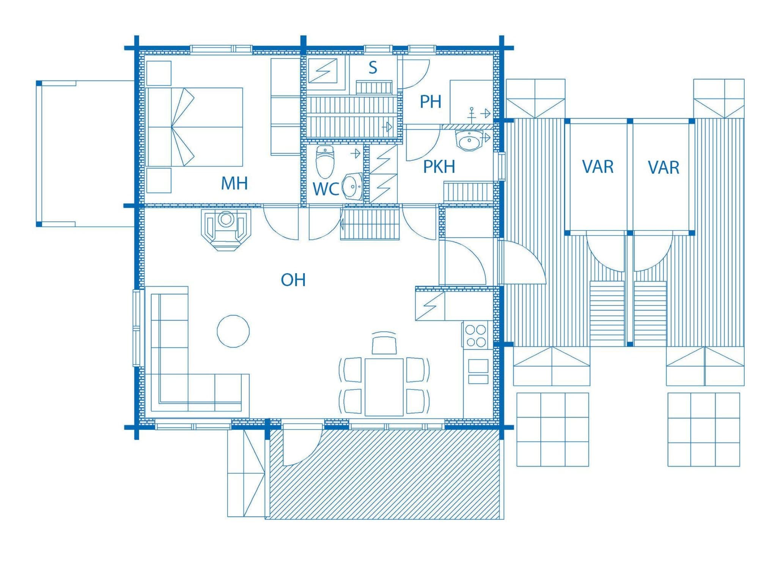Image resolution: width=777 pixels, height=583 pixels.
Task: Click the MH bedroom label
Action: tap(234, 183)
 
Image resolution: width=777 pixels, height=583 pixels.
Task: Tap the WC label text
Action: tap(326, 189)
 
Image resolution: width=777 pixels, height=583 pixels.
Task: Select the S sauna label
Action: tap(373, 68)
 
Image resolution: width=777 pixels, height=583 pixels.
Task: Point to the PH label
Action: tap(431, 102)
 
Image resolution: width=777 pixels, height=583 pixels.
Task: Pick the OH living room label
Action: tap(293, 280)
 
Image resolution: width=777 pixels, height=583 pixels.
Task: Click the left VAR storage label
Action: tap(598, 167)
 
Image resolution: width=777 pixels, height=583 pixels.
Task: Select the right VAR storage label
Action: tap(664, 168)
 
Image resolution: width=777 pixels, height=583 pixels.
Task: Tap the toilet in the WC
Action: tap(325, 162)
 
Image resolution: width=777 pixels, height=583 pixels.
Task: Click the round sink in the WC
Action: tap(352, 186)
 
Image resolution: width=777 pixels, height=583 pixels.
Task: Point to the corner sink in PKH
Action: tap(469, 141)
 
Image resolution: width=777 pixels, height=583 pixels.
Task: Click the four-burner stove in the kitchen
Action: tap(476, 335)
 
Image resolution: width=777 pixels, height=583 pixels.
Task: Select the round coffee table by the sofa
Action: tap(233, 331)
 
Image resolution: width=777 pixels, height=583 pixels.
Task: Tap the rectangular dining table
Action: tap(384, 387)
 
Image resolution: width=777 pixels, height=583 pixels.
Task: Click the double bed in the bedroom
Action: tap(194, 127)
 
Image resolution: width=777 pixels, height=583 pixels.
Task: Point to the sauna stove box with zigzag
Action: tap(322, 71)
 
